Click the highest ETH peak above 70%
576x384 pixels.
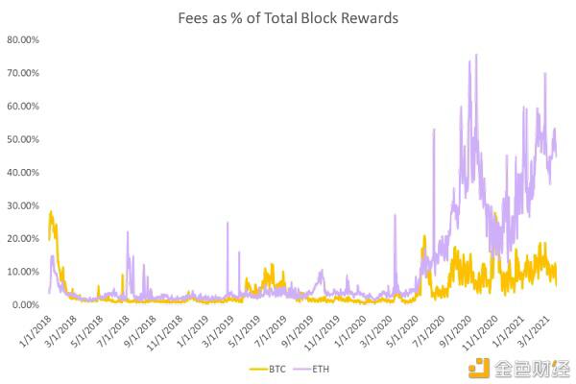click(x=476, y=55)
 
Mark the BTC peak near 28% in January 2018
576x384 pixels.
click(x=51, y=211)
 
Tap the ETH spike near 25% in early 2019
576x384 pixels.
click(x=228, y=223)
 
